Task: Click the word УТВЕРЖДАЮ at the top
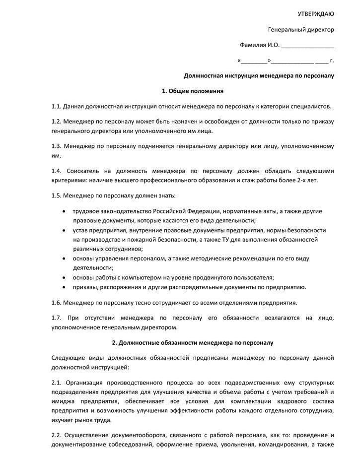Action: (x=315, y=13)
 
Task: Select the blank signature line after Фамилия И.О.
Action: (x=307, y=46)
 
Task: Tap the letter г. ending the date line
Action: (x=332, y=61)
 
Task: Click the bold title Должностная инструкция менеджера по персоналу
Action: (x=259, y=76)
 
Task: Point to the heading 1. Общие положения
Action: (x=193, y=91)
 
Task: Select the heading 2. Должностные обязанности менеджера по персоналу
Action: (x=193, y=343)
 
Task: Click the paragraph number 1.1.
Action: (x=56, y=106)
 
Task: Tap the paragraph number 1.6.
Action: (x=56, y=303)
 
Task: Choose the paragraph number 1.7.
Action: (x=56, y=318)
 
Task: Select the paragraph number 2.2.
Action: (x=56, y=435)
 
